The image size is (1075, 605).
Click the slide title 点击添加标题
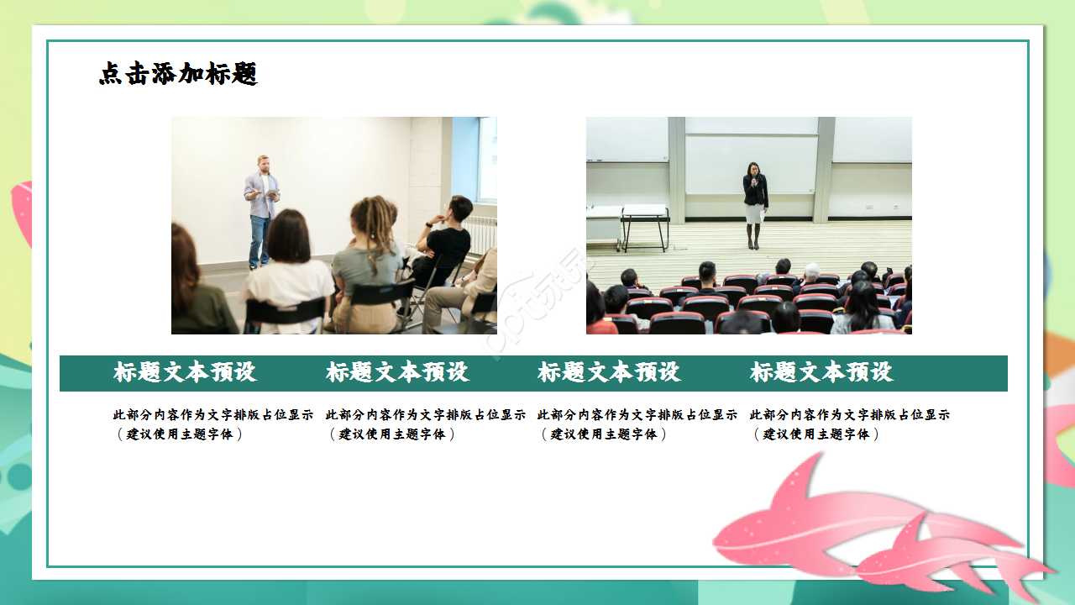click(178, 74)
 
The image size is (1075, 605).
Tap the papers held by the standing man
click(271, 193)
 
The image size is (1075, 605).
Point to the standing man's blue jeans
click(260, 240)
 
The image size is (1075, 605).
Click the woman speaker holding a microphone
click(754, 202)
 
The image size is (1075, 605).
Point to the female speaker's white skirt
click(754, 214)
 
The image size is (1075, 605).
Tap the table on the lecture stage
click(644, 218)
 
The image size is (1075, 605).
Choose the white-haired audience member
click(810, 274)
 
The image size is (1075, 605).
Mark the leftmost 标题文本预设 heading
click(185, 372)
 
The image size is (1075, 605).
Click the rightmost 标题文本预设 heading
click(821, 372)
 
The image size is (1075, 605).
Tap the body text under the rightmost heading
click(849, 424)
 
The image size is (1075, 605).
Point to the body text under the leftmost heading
click(212, 424)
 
